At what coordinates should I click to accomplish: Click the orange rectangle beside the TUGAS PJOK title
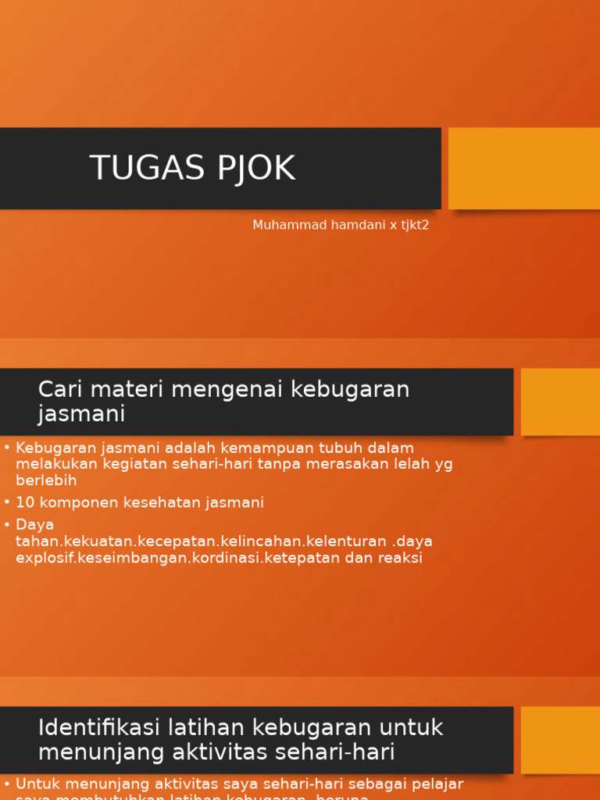pos(523,168)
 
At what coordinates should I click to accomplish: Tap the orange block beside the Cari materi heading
pos(560,402)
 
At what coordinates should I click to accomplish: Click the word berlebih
pos(46,480)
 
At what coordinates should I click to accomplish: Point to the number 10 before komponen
pos(24,502)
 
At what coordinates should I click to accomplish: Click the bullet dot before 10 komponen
pos(7,502)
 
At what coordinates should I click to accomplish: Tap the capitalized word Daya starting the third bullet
pos(34,524)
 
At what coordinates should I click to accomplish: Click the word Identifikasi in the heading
pos(99,727)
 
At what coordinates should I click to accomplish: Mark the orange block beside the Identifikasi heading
pos(560,740)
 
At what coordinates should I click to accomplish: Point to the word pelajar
pos(438,783)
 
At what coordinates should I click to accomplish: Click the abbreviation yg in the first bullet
pos(443,464)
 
